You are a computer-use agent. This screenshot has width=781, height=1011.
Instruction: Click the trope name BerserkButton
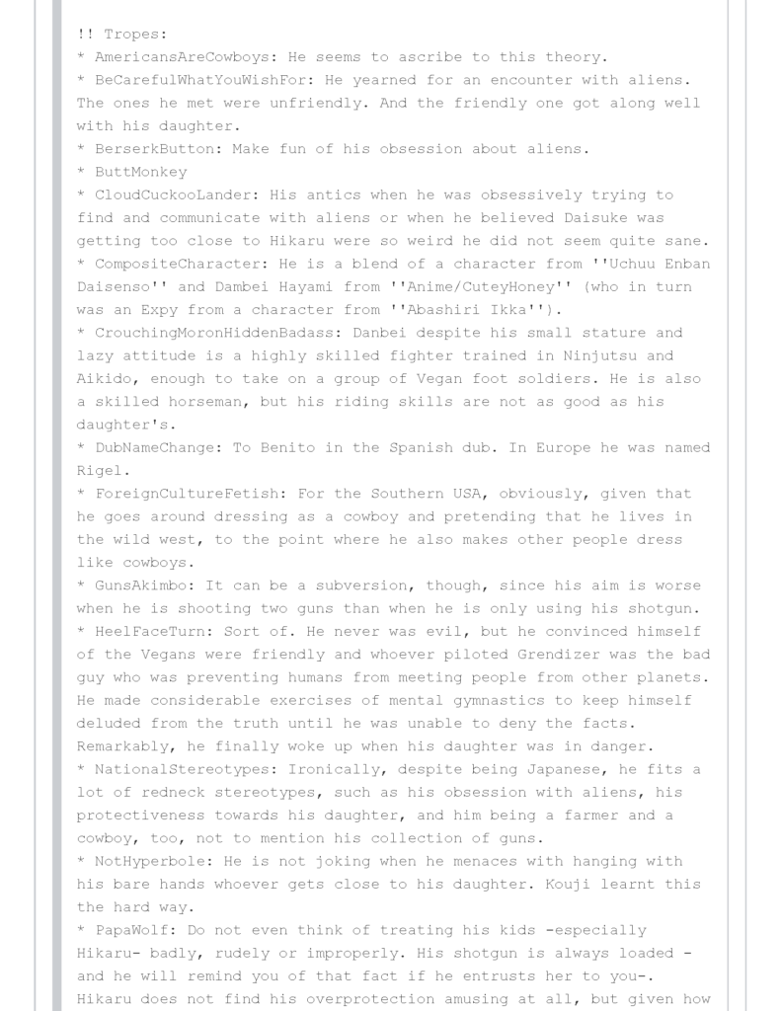(150, 149)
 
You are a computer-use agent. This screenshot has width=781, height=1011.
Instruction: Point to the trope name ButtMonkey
(141, 172)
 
